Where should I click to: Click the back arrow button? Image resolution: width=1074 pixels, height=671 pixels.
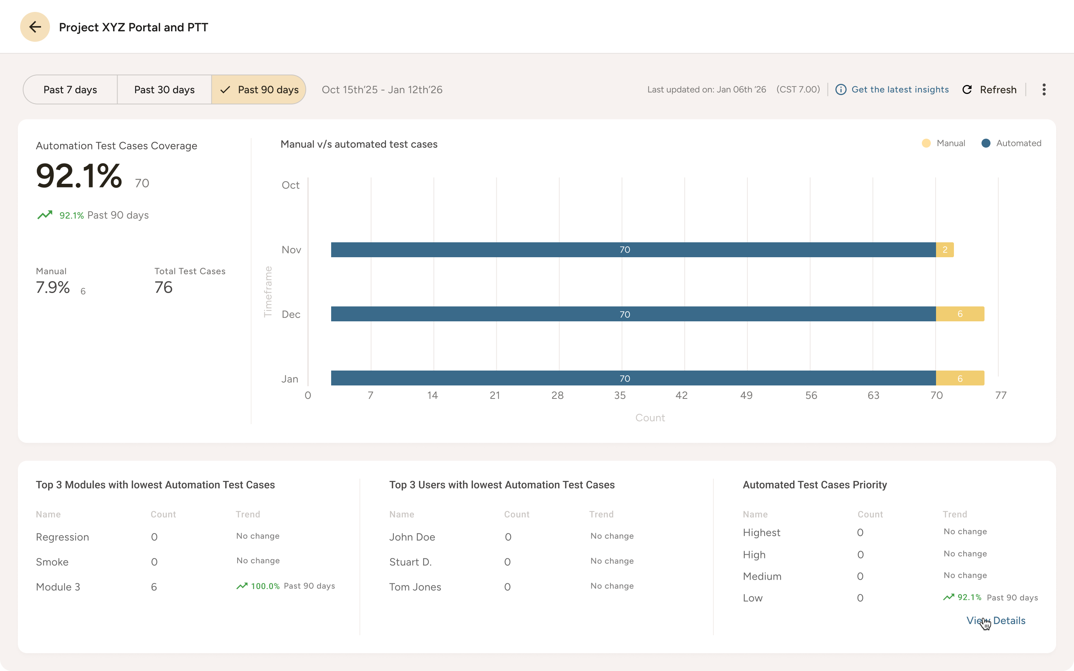pos(35,27)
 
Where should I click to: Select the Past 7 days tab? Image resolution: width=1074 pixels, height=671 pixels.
pos(70,89)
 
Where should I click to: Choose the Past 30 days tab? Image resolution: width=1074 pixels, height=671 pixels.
pos(164,89)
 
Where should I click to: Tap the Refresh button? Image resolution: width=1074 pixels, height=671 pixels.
pos(989,89)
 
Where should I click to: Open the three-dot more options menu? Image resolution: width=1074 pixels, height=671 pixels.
pos(1044,89)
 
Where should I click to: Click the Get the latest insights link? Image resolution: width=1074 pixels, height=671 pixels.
pos(899,89)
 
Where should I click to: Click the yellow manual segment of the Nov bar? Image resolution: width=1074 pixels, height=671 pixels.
pos(945,250)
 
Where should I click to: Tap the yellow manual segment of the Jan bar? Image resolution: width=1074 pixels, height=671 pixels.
pos(960,378)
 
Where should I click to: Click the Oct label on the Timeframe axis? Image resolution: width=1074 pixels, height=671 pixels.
pos(291,185)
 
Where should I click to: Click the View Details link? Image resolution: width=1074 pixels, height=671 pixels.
pos(996,620)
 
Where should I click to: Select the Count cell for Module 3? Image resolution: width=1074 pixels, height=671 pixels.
pos(154,587)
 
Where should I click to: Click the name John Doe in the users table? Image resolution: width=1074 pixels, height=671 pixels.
pos(412,537)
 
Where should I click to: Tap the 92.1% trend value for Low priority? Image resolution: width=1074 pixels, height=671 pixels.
pos(969,597)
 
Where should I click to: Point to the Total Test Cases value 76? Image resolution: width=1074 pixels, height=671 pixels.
pos(163,287)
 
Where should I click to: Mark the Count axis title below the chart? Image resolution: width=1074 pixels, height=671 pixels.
pos(650,418)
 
